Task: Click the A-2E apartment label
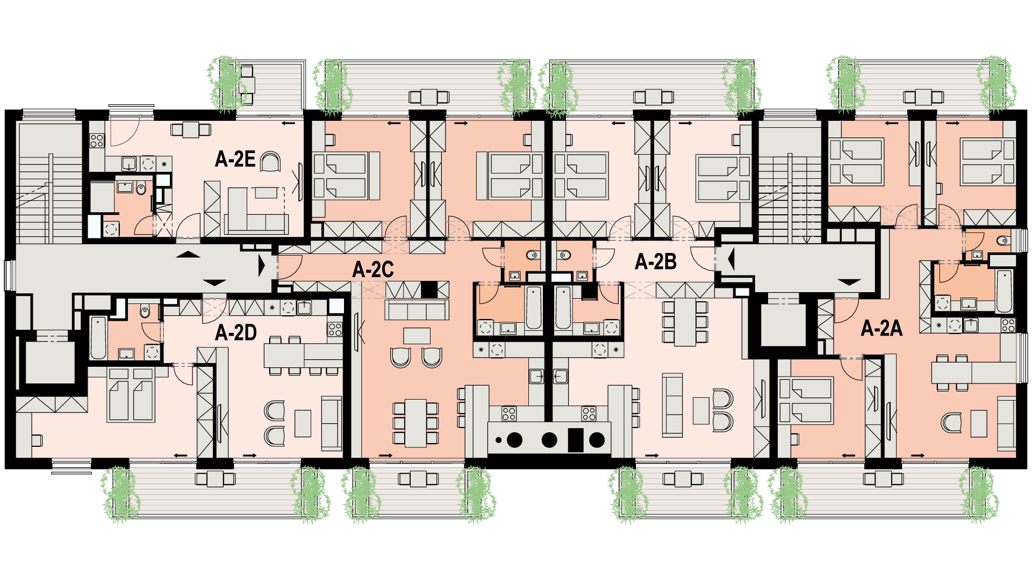click(235, 159)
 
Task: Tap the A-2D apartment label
click(236, 333)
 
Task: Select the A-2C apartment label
click(373, 270)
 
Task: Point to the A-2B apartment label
click(656, 262)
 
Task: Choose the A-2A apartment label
click(881, 328)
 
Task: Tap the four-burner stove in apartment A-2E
click(97, 141)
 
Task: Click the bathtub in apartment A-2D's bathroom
click(98, 338)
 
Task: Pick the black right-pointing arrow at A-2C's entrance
click(262, 266)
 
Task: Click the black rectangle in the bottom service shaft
click(576, 440)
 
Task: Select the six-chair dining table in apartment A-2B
click(685, 322)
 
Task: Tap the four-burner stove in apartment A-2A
click(1008, 325)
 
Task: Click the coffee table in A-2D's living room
click(303, 423)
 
